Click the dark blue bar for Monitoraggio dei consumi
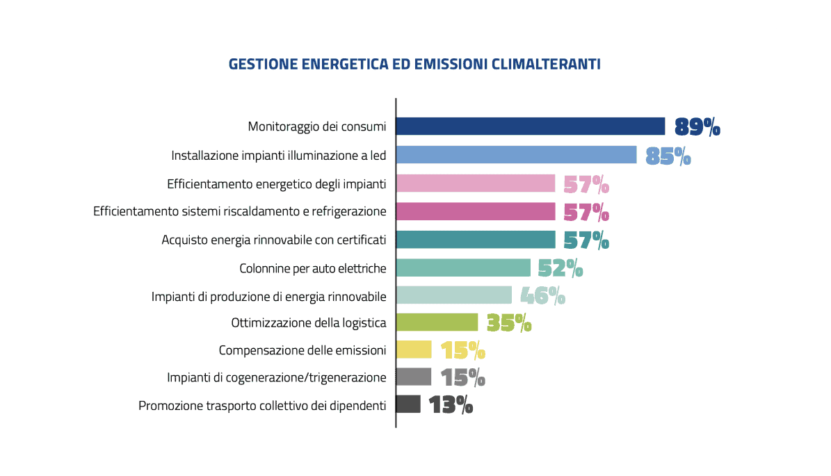point(531,126)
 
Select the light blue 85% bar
point(516,155)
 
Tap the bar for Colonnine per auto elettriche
point(463,268)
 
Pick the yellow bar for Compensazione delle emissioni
point(414,350)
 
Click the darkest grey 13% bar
point(408,404)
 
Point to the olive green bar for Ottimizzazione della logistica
point(437,322)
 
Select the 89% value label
point(697,127)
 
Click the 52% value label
point(560,268)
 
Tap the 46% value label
point(542,296)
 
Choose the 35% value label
point(509,323)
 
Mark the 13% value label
point(451,404)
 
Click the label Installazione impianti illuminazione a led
point(278,156)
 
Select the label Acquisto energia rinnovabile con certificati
point(273,240)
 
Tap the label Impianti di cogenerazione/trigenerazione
point(276,377)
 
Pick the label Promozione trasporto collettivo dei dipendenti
point(262,405)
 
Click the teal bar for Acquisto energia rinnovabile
point(476,240)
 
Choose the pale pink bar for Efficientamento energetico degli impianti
point(476,183)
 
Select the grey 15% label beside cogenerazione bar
point(462,377)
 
